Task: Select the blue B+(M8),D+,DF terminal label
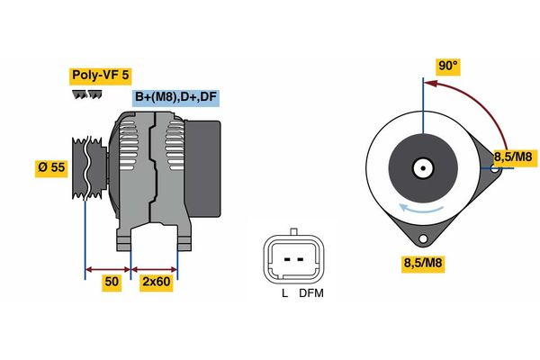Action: click(x=175, y=98)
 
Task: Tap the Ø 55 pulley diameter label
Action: click(x=51, y=168)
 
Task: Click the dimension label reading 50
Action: click(x=112, y=283)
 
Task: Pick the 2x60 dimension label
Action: click(x=157, y=283)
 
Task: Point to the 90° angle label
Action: click(x=448, y=66)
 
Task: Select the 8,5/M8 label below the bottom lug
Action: click(x=423, y=264)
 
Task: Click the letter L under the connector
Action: click(x=284, y=293)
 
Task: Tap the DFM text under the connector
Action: click(x=311, y=293)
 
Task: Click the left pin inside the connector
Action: click(x=288, y=259)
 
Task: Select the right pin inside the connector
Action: click(x=300, y=259)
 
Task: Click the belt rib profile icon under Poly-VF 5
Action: click(x=87, y=94)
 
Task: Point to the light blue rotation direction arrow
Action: click(x=420, y=209)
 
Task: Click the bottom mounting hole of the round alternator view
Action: click(x=423, y=238)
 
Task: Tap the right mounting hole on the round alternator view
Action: click(x=495, y=169)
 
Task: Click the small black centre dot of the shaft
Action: click(x=423, y=168)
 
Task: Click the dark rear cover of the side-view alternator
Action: click(x=202, y=168)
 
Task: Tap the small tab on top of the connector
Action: click(x=293, y=231)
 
